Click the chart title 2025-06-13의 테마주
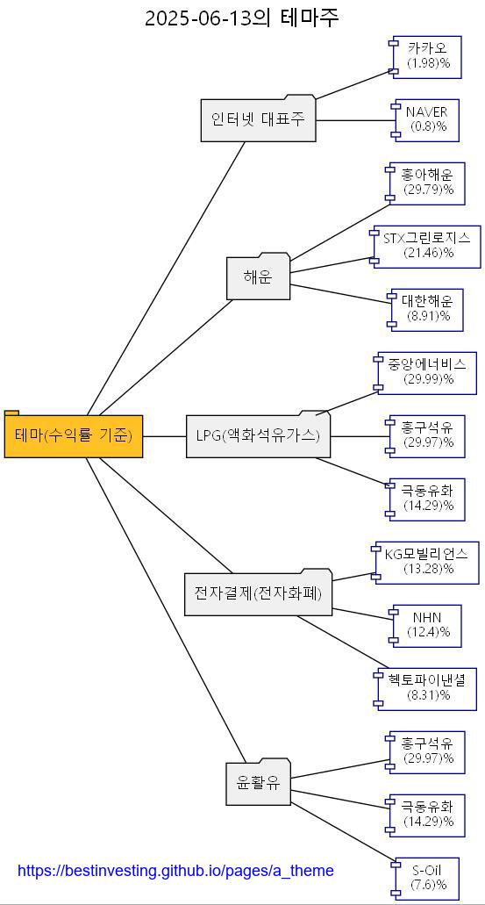pyautogui.click(x=241, y=18)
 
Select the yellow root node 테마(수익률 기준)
pyautogui.click(x=74, y=435)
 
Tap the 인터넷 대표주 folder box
pyautogui.click(x=258, y=119)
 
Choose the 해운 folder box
pyautogui.click(x=258, y=277)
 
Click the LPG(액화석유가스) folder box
pyautogui.click(x=258, y=435)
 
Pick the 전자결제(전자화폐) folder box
pyautogui.click(x=258, y=593)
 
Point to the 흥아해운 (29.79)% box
pyautogui.click(x=428, y=183)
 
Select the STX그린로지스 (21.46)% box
pyautogui.click(x=428, y=246)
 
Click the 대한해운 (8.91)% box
pyautogui.click(x=428, y=309)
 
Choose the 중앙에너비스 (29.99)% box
pyautogui.click(x=428, y=372)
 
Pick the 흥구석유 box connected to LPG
pyautogui.click(x=428, y=435)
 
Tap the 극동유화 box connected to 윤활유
pyautogui.click(x=428, y=815)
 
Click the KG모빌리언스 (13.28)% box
pyautogui.click(x=428, y=562)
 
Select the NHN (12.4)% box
pyautogui.click(x=428, y=625)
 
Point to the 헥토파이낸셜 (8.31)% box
pyautogui.click(x=428, y=688)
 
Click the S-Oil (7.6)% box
pyautogui.click(x=428, y=878)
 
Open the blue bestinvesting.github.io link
pyautogui.click(x=175, y=871)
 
